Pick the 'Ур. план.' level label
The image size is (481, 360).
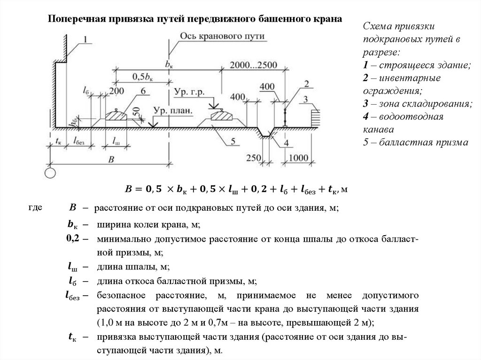pos(172,111)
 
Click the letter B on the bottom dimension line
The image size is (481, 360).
pos(111,160)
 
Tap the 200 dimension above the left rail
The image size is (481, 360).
pos(116,91)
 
